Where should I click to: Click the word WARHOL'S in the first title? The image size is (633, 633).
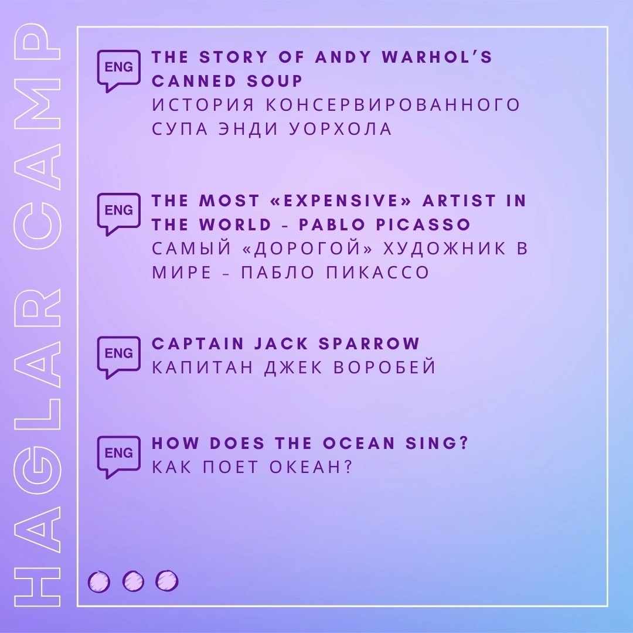437,57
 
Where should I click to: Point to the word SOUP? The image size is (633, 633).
274,81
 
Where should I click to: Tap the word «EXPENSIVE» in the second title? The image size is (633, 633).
341,200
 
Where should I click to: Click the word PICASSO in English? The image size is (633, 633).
423,224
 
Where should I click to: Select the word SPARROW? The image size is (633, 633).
369,343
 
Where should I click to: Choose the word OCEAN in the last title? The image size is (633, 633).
359,443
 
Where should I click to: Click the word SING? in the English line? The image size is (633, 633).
437,443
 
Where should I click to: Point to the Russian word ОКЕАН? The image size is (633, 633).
311,467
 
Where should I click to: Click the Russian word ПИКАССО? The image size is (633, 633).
377,273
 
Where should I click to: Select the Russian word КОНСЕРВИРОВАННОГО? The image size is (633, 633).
393,105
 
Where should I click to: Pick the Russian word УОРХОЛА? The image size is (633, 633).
341,129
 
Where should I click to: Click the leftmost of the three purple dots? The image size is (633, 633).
99,582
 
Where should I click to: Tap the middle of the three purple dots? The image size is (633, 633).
133,582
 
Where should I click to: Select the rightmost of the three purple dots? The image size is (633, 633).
167,581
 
